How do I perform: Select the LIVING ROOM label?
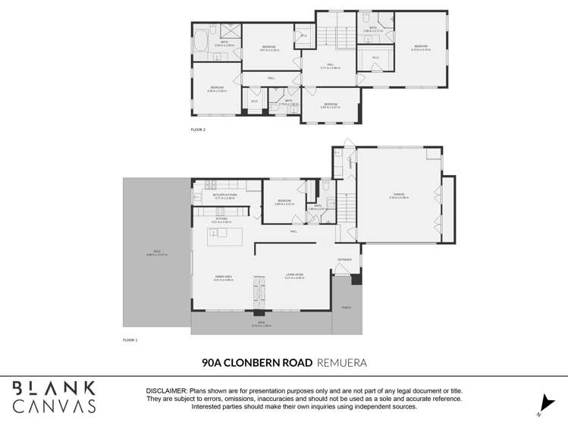294,276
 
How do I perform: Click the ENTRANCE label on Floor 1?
345,260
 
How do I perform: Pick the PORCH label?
347,307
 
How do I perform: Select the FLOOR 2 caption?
198,130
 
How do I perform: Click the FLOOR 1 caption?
130,340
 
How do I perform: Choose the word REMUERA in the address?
342,363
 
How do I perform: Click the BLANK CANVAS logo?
55,396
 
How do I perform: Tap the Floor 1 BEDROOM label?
284,201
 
